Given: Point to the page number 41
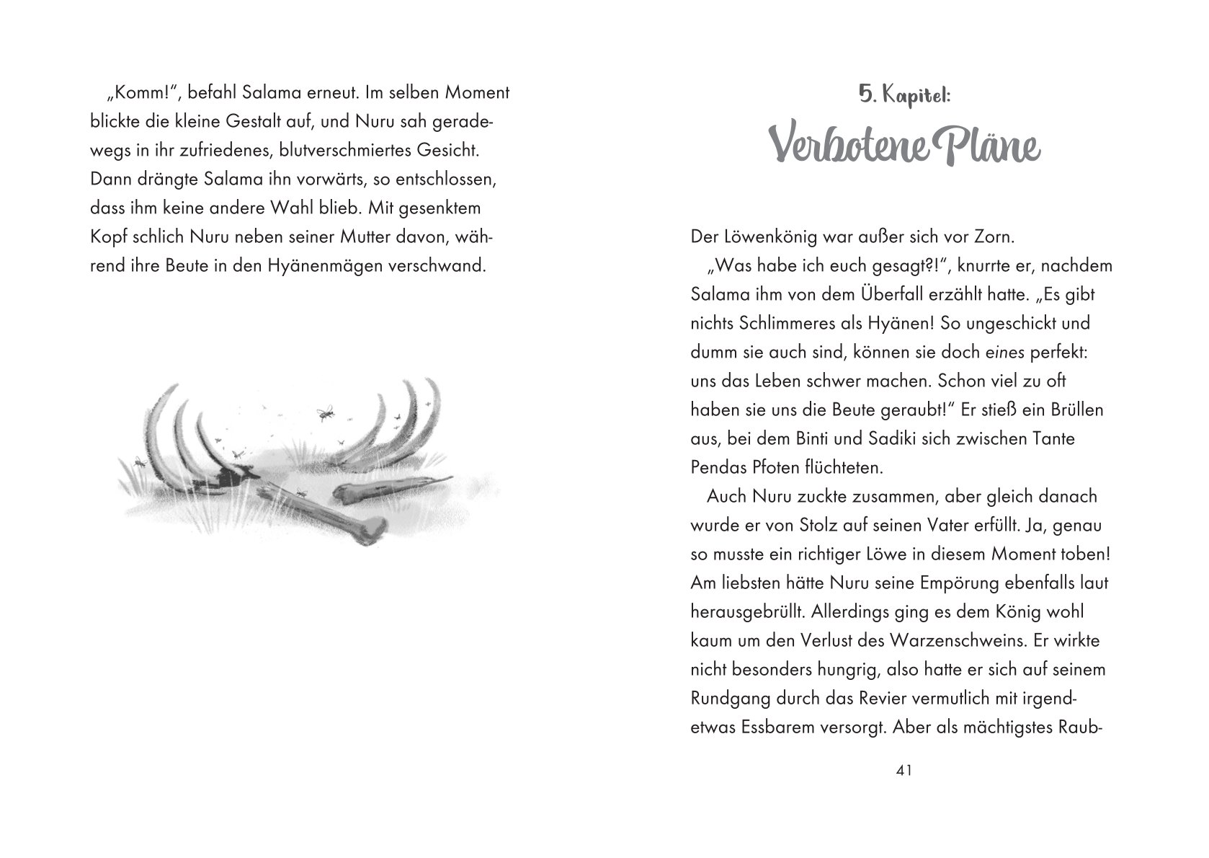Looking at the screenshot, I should coord(904,771).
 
